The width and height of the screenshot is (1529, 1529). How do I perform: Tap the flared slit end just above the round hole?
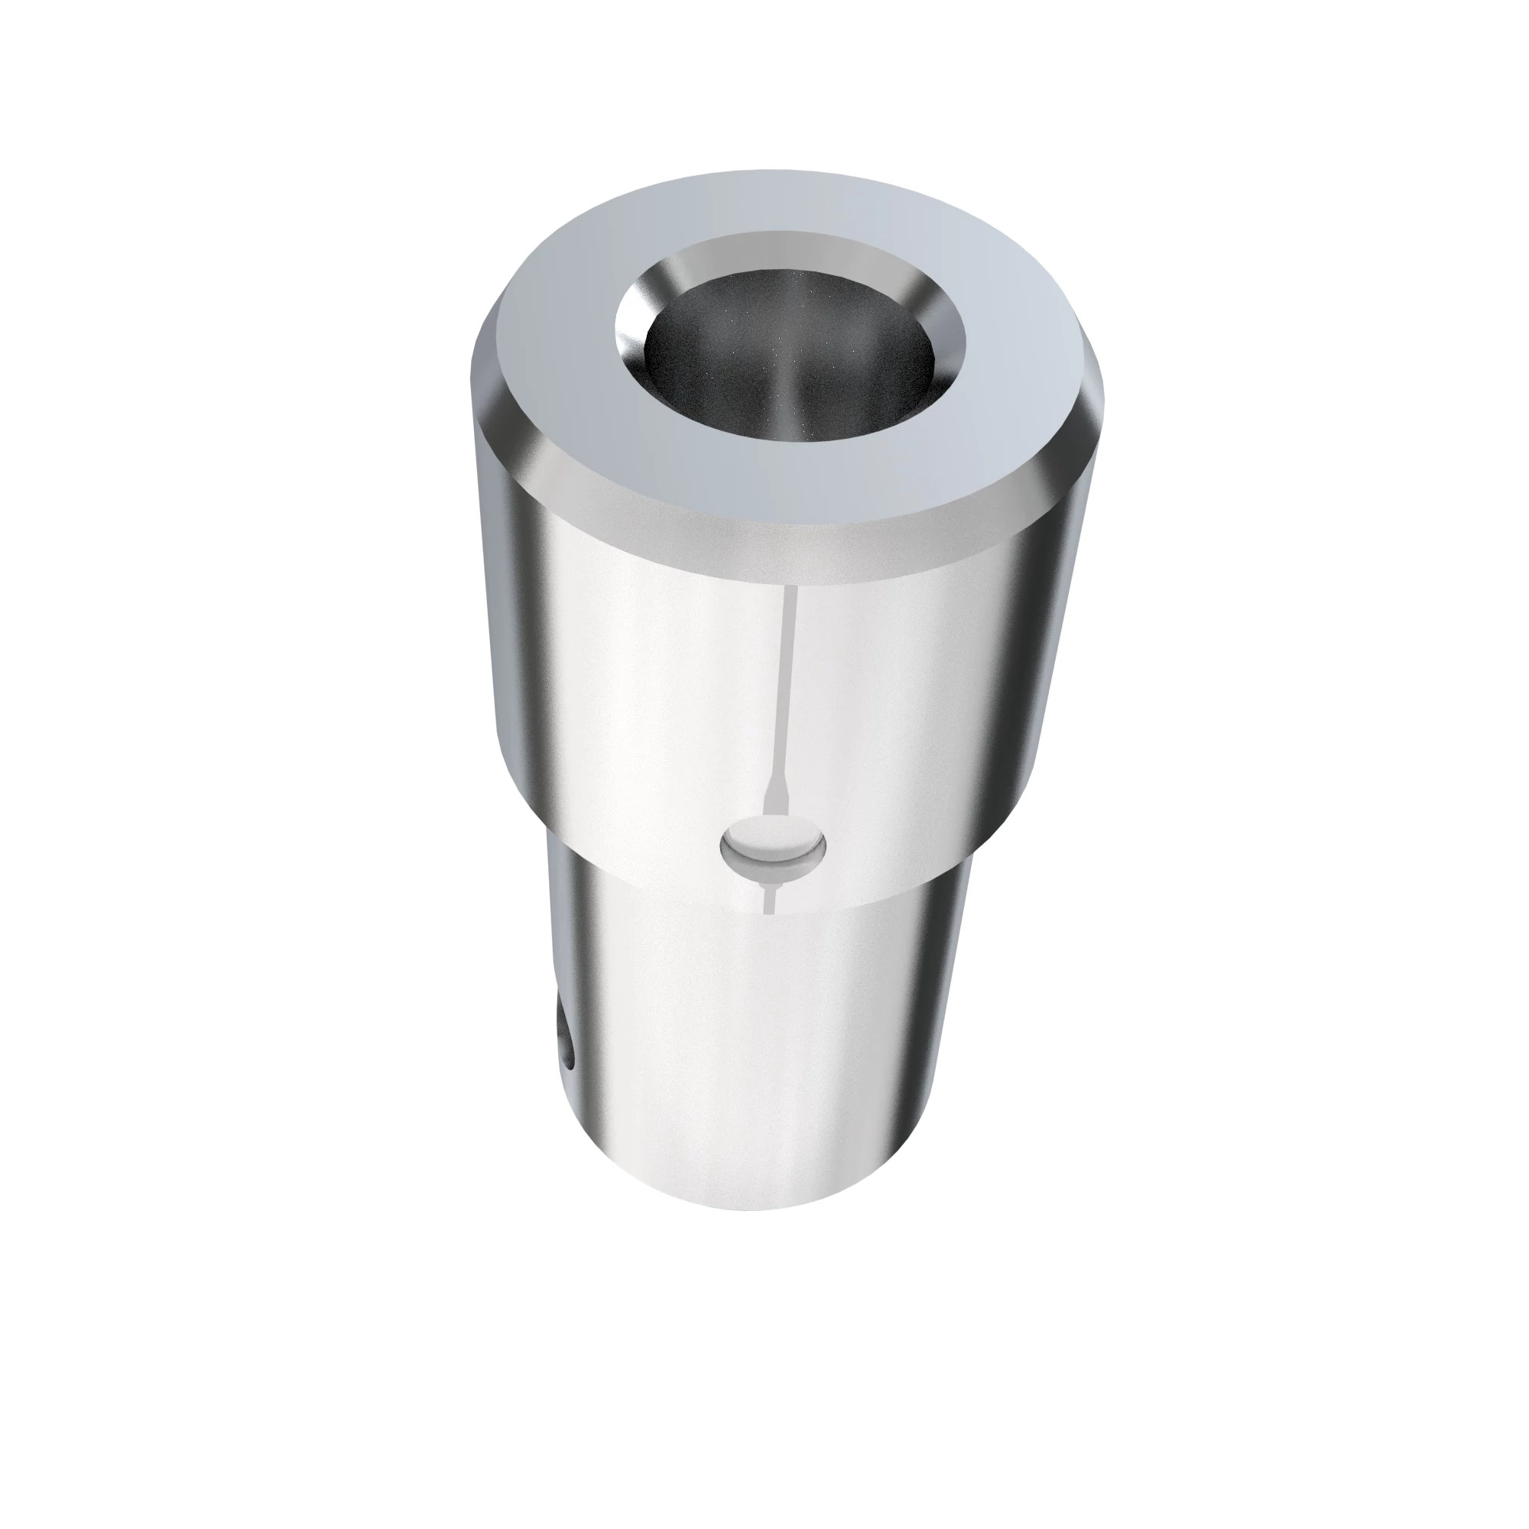pos(774,803)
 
